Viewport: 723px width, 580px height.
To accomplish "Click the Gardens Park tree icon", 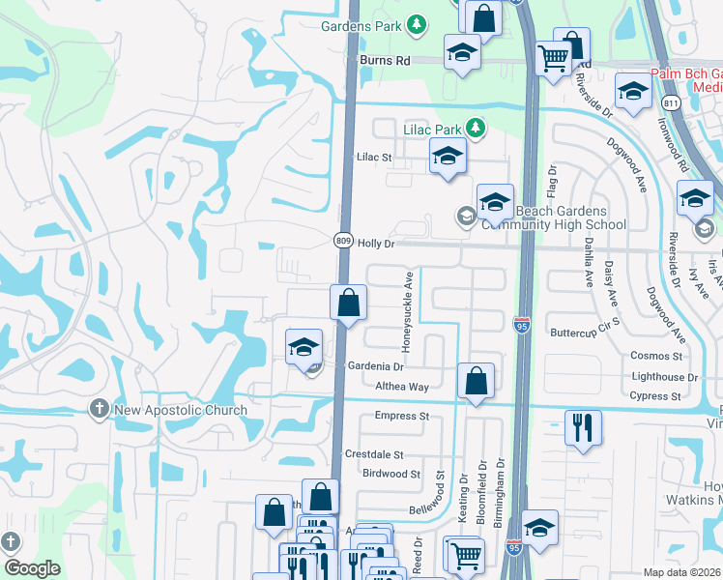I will (417, 24).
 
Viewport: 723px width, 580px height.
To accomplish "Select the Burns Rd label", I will (385, 60).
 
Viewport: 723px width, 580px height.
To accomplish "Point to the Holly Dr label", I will (377, 245).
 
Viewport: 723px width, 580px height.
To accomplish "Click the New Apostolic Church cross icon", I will (98, 410).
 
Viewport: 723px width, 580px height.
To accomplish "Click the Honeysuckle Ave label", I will (409, 311).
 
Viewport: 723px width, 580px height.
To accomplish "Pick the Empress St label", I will (402, 417).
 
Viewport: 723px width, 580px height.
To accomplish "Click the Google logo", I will (32, 568).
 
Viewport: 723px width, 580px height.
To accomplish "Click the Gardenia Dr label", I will (375, 366).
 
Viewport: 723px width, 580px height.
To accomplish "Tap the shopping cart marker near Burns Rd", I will (554, 58).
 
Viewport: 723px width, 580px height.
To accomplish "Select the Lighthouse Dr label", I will (664, 378).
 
